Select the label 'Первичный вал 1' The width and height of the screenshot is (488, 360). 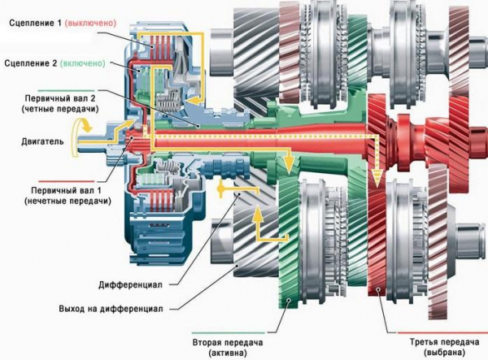48,190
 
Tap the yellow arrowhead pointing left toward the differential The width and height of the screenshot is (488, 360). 222,189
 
